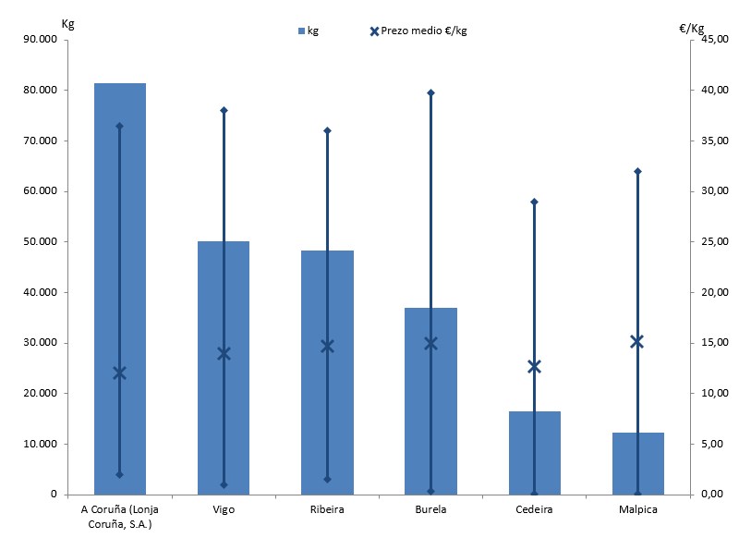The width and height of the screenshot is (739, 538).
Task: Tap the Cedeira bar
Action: [534, 453]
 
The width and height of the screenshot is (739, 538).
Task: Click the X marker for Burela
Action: [430, 343]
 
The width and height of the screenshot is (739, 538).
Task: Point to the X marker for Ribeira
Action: [327, 346]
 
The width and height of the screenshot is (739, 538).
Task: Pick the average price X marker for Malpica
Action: [637, 341]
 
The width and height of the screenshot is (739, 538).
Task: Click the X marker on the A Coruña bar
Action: [120, 373]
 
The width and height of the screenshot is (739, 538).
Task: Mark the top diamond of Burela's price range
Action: [430, 92]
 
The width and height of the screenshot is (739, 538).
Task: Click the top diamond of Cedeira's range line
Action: [534, 202]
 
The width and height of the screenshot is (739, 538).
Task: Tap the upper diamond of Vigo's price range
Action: [224, 110]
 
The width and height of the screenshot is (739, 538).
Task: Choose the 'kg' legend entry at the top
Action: [309, 31]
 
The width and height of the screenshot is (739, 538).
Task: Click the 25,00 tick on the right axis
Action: [715, 242]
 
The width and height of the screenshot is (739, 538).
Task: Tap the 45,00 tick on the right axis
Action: [715, 40]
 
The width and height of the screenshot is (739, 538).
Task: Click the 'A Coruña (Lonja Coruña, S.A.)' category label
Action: [120, 515]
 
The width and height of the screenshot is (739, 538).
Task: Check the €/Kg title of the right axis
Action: [693, 28]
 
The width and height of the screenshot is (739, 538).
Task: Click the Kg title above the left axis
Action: [67, 22]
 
